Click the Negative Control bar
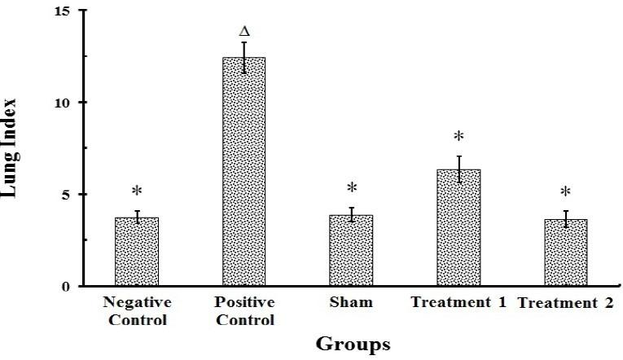[137, 252]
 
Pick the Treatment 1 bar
[458, 228]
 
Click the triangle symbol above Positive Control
[243, 32]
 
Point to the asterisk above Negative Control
[137, 192]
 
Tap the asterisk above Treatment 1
[458, 137]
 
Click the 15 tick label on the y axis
[64, 11]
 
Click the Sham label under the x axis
[352, 303]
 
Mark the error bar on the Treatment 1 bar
[458, 169]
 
